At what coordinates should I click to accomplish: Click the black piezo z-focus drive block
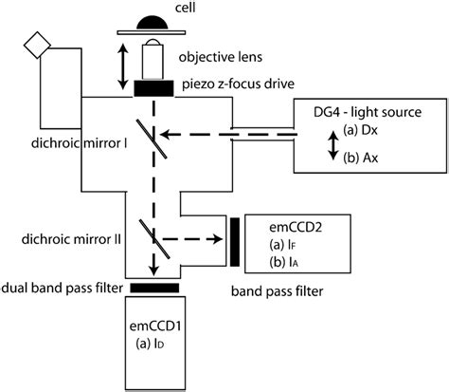[152, 88]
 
